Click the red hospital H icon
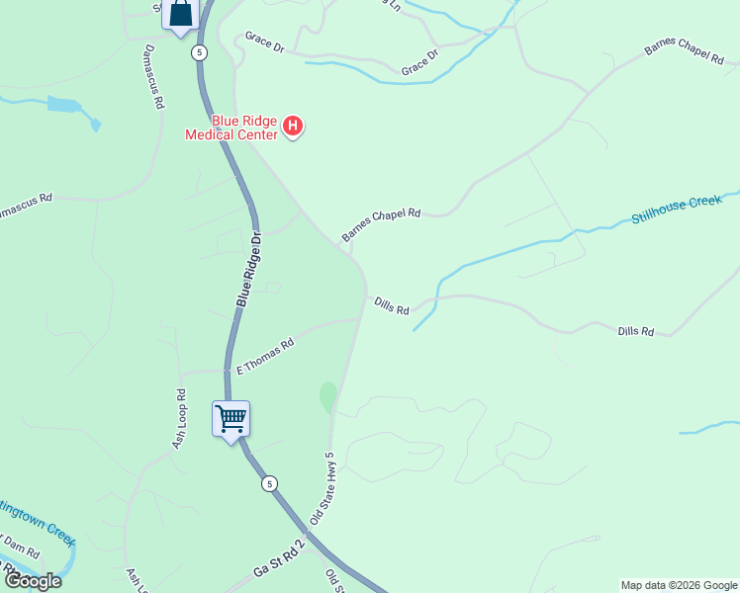tap(293, 126)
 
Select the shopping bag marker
tap(181, 14)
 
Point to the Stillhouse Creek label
tap(678, 210)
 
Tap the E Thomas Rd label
tap(264, 357)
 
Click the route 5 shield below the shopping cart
tap(269, 483)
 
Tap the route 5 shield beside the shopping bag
tap(200, 51)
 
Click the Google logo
tap(33, 581)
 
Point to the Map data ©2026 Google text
tap(679, 585)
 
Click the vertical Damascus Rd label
tap(153, 75)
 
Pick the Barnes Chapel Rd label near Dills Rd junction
tap(382, 225)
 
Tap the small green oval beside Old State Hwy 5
tap(327, 397)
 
